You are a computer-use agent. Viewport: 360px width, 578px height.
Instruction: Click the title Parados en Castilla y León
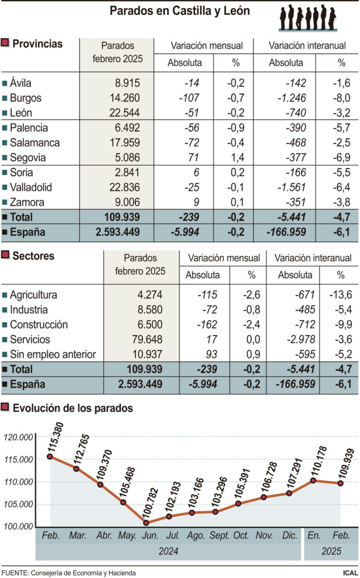point(180,11)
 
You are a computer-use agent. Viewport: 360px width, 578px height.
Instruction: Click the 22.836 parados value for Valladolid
point(122,187)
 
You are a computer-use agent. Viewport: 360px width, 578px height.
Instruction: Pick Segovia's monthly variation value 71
point(193,157)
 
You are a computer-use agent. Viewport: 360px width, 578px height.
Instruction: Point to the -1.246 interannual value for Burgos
point(292,98)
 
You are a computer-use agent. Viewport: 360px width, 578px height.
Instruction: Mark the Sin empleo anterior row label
point(53,354)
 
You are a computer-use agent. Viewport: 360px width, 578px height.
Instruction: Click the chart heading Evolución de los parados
point(72,409)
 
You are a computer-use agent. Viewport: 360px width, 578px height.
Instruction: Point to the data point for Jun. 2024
point(146,523)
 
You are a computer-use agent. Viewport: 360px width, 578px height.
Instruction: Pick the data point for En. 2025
point(313,480)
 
